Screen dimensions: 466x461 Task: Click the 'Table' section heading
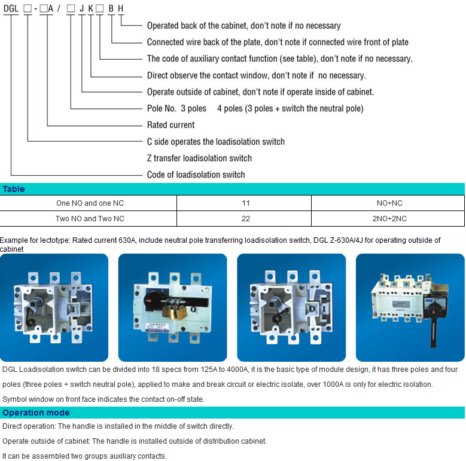(x=14, y=189)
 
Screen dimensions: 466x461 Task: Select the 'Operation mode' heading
(x=36, y=413)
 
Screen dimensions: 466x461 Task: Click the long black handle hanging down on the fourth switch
(x=434, y=329)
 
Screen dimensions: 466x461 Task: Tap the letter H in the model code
(x=120, y=8)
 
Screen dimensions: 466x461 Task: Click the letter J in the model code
(x=82, y=8)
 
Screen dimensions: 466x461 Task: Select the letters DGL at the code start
(x=11, y=8)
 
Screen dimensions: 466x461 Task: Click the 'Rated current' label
(x=171, y=125)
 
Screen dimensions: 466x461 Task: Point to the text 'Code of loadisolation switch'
(x=196, y=175)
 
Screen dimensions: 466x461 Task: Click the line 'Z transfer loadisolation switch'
(x=199, y=158)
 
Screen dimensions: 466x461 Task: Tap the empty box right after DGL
(x=28, y=8)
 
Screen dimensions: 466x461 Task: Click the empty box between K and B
(x=100, y=8)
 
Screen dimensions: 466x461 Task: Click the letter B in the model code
(x=111, y=8)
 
